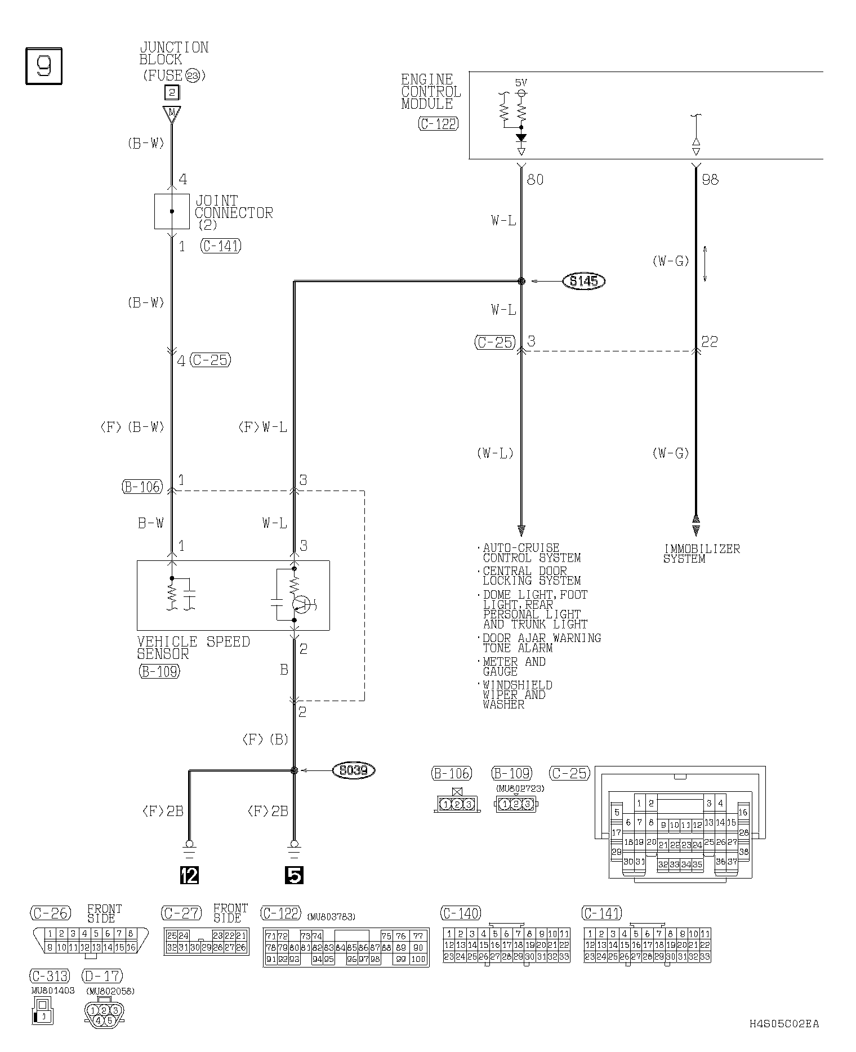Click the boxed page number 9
[44, 66]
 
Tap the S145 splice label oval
[583, 281]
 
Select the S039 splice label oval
[354, 770]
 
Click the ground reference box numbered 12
[189, 875]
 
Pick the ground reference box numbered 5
[294, 875]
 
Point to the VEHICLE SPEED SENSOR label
[193, 648]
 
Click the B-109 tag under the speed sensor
[159, 671]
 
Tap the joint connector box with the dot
[172, 211]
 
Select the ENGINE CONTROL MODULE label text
[431, 91]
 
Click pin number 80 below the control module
[535, 180]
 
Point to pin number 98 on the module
[710, 180]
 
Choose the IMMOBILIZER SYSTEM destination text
[701, 553]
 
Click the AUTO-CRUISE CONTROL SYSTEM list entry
[532, 552]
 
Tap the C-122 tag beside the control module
[438, 124]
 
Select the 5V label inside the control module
[521, 82]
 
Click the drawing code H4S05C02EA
[784, 1023]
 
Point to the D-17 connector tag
[102, 975]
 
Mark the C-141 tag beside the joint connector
[221, 246]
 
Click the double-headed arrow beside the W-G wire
[706, 264]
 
